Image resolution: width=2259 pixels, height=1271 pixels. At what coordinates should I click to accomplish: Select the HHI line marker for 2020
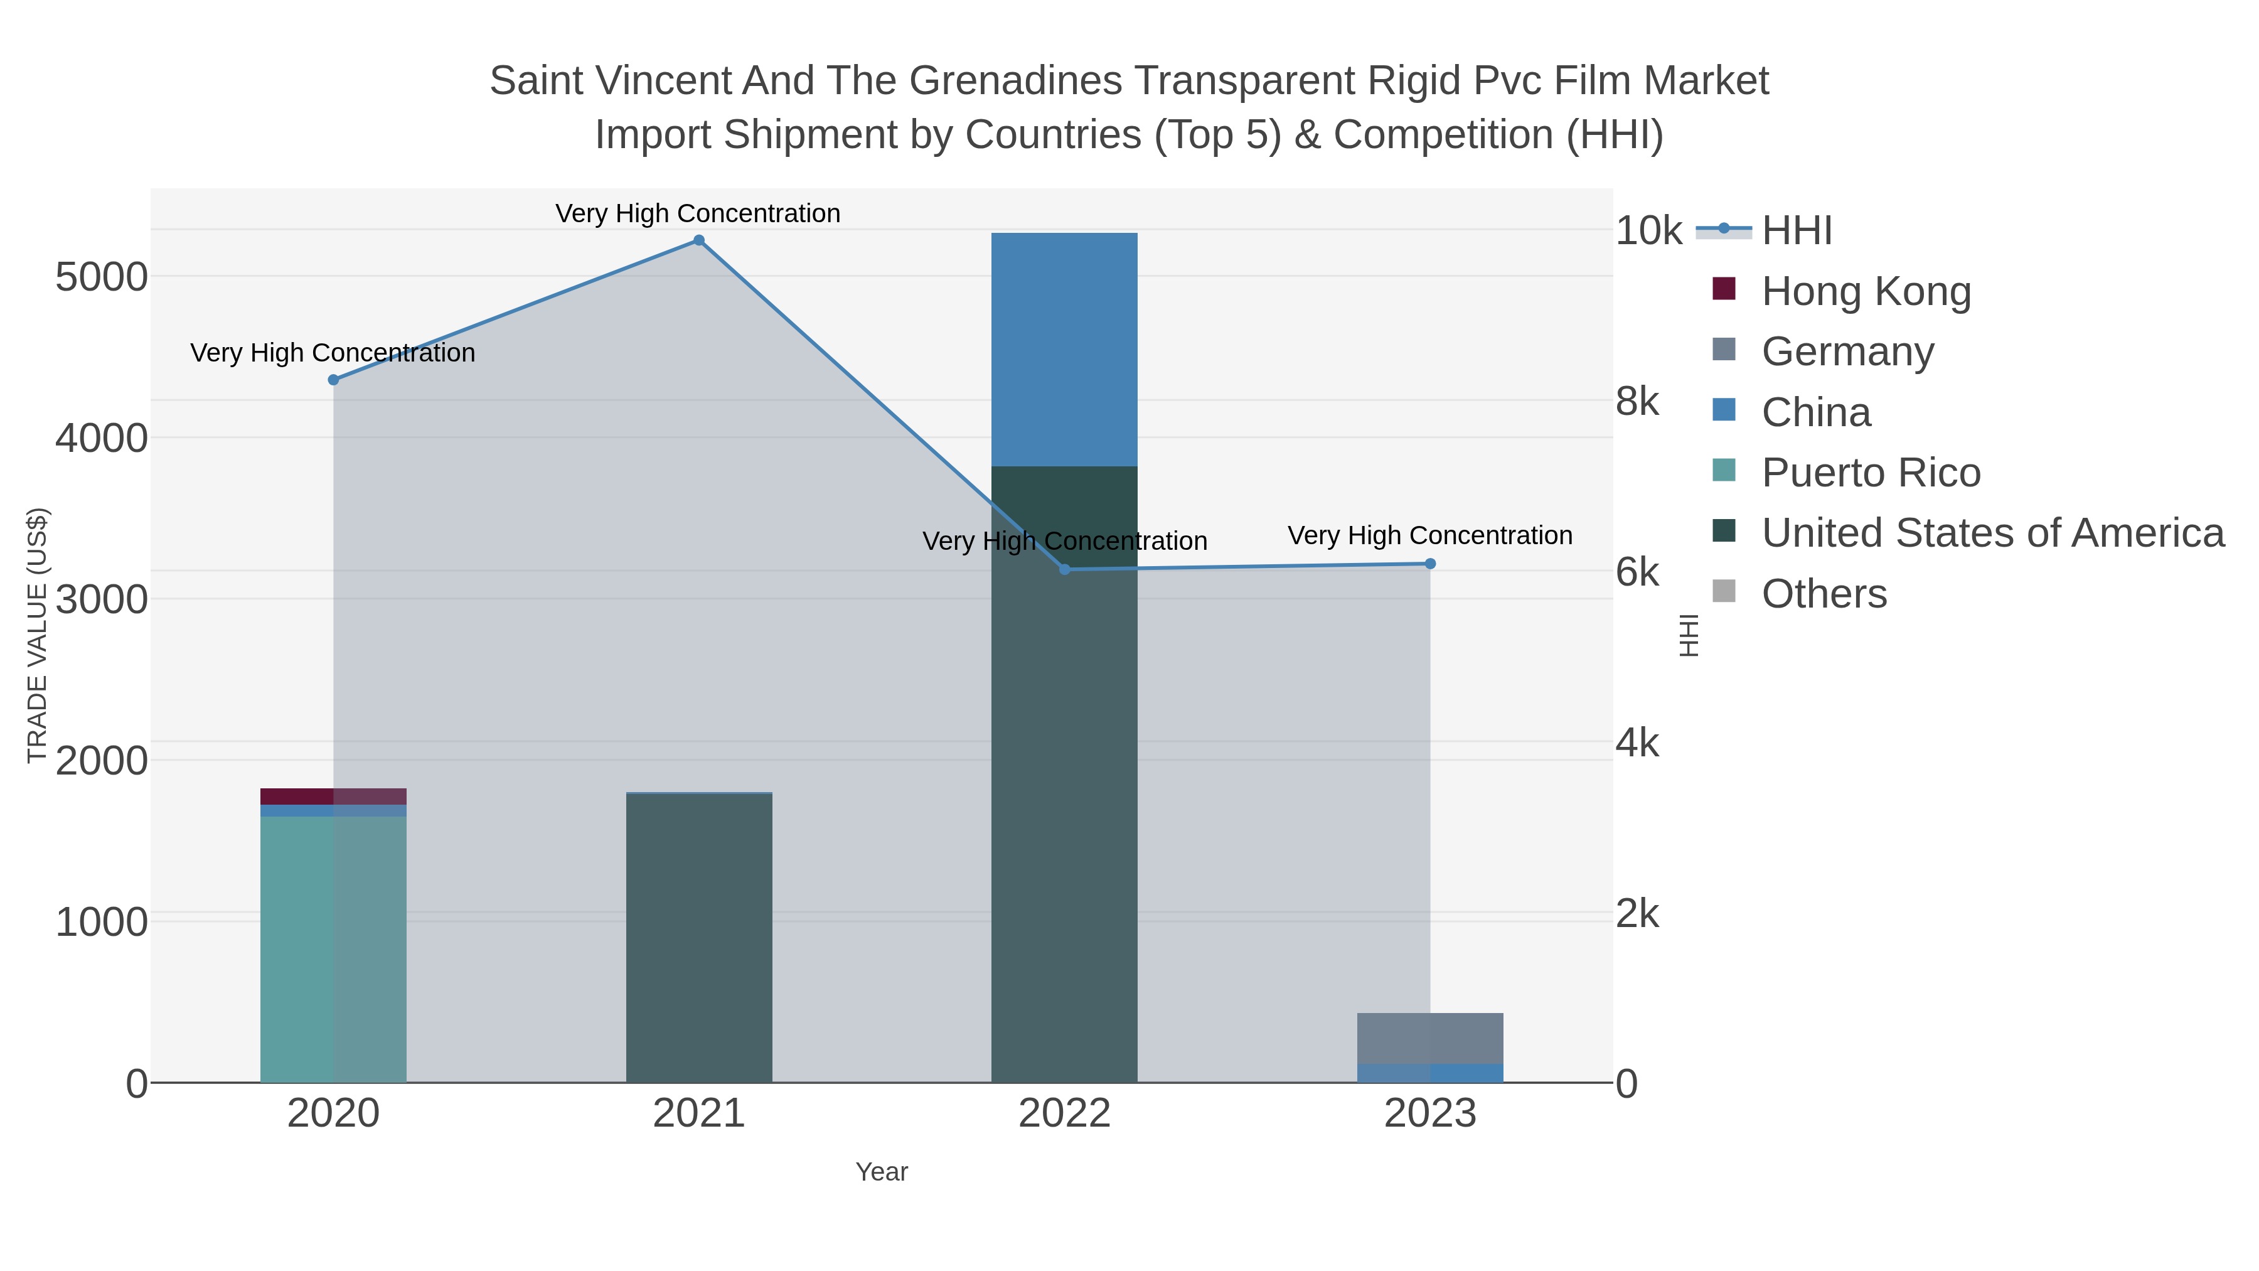[333, 380]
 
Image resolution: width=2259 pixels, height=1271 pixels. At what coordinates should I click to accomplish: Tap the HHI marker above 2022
[1065, 569]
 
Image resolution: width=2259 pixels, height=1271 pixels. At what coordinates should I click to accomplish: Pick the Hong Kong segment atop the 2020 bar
[333, 796]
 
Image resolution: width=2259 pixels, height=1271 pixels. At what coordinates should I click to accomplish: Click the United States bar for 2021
[699, 938]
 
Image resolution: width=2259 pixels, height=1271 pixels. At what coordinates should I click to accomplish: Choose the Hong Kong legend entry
[1866, 291]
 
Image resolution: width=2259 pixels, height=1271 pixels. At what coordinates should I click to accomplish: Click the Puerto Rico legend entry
[1871, 473]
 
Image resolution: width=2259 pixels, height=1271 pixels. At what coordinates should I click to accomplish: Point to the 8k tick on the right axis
[1637, 402]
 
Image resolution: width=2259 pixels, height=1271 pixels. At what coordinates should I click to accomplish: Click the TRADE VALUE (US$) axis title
[37, 635]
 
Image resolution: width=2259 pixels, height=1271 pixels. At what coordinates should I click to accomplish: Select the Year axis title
[882, 1172]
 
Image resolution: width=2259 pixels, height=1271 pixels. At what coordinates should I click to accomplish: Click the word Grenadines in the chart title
[1015, 81]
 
